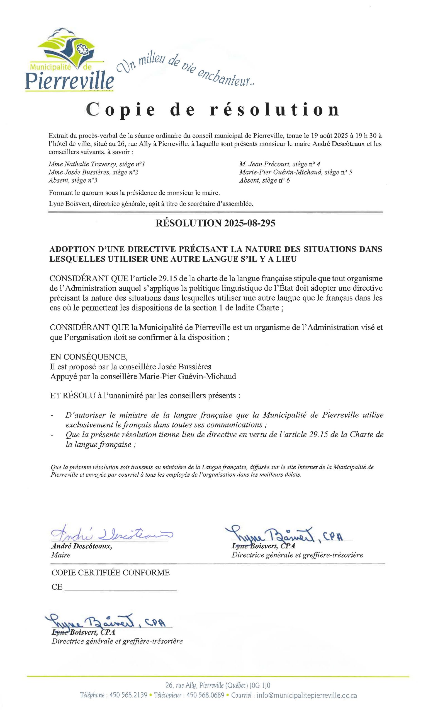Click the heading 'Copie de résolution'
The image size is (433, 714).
coord(213,110)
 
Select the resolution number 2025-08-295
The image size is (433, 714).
coord(246,223)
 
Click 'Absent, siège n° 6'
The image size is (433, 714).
coord(264,180)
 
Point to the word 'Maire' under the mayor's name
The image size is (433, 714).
coord(61,555)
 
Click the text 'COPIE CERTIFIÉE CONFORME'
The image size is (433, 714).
coord(110,573)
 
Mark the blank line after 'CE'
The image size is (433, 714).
coord(121,587)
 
